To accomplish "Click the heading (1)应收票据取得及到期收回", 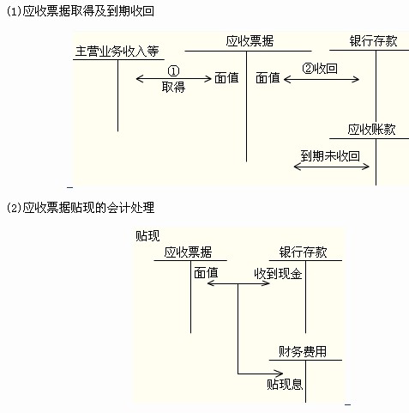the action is (80, 11).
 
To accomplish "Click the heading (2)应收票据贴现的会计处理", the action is (81, 208).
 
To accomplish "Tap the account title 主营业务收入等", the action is (117, 52).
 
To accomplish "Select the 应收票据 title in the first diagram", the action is (250, 41).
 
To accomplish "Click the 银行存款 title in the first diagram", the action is (373, 41).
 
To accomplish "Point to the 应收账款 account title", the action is (371, 130).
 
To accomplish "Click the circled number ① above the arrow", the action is (173, 70).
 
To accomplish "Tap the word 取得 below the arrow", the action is (173, 87).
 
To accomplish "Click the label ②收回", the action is (320, 69).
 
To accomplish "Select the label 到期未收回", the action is (330, 156).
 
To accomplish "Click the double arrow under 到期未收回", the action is (332, 167).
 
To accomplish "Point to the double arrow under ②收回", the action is (322, 79).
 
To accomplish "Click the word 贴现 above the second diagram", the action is (147, 236).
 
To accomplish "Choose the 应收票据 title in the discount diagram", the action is (188, 252).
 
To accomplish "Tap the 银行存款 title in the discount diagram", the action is (304, 252).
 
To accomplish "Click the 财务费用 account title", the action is (303, 351).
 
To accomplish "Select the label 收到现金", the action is (278, 274).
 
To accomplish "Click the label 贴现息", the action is (285, 385).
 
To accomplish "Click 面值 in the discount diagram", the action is (206, 273).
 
